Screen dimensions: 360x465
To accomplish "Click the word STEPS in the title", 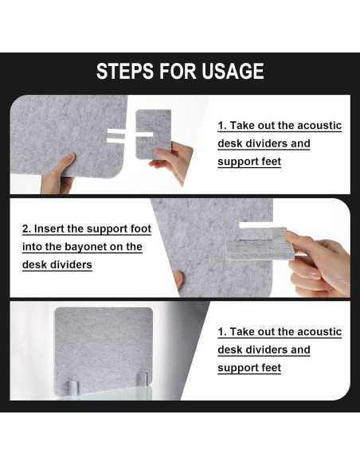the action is pyautogui.click(x=124, y=71).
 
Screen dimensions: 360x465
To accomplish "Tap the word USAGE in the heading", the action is pyautogui.click(x=233, y=71).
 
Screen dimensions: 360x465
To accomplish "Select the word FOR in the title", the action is pyautogui.click(x=178, y=71).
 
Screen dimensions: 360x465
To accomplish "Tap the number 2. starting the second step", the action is pyautogui.click(x=26, y=229).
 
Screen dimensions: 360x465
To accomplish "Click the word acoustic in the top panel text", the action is pyautogui.click(x=319, y=126).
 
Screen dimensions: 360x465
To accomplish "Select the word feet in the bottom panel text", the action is pyautogui.click(x=271, y=368).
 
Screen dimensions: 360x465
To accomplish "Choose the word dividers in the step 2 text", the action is pyautogui.click(x=68, y=264).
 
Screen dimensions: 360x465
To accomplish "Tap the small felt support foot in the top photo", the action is pyautogui.click(x=153, y=135).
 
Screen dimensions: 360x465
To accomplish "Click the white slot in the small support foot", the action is pyautogui.click(x=144, y=135).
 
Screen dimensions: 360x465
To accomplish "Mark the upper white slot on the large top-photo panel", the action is pyautogui.click(x=115, y=131).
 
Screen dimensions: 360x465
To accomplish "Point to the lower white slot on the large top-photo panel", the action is pyautogui.click(x=115, y=139).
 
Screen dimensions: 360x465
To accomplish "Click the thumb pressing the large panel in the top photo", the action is pyautogui.click(x=67, y=162).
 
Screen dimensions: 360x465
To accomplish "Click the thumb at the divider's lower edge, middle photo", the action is pyautogui.click(x=178, y=279).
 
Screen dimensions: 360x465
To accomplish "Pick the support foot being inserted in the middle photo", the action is pyautogui.click(x=261, y=244).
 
